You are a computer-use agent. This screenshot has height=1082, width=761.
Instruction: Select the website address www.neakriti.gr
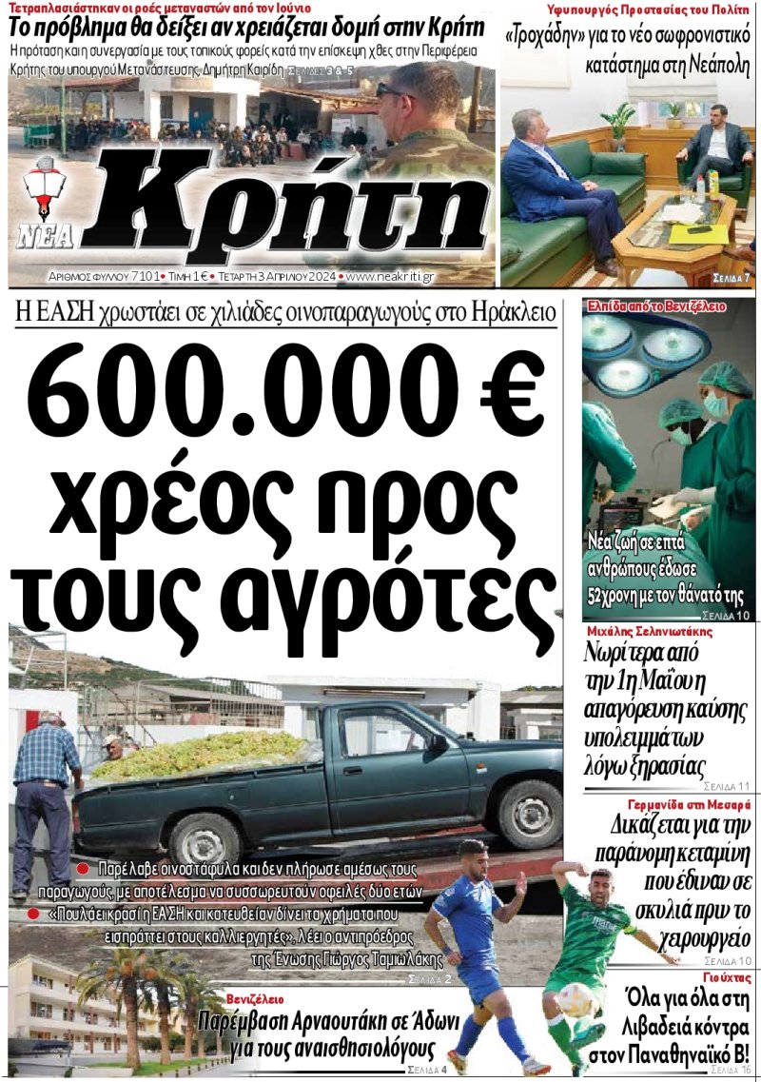(391, 276)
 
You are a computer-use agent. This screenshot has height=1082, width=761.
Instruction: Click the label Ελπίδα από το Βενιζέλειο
(656, 306)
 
